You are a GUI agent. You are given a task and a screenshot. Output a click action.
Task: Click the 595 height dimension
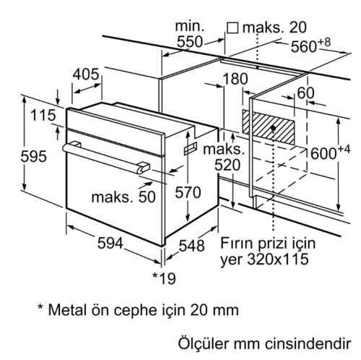pyautogui.click(x=33, y=156)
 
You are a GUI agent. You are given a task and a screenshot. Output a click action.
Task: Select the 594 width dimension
pyautogui.click(x=110, y=243)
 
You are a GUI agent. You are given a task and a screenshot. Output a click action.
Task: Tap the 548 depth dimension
pyautogui.click(x=191, y=246)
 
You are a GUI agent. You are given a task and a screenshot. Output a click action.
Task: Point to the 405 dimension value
pyautogui.click(x=86, y=74)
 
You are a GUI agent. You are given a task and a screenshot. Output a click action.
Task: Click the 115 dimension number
pyautogui.click(x=43, y=115)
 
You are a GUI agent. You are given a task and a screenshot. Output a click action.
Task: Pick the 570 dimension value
pyautogui.click(x=188, y=192)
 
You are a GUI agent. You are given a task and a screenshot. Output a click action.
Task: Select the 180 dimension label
pyautogui.click(x=235, y=79)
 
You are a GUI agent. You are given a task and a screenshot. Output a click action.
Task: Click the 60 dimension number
pyautogui.click(x=305, y=93)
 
